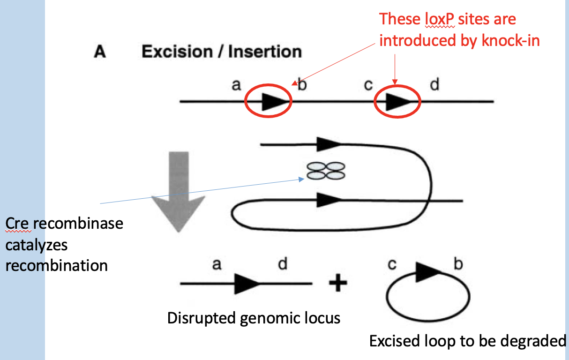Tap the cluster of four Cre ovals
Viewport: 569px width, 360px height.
[x=325, y=170]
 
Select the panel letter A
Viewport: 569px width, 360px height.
[x=100, y=52]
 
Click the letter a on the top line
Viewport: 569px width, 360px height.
[x=236, y=85]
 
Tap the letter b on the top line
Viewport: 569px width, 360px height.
[x=302, y=86]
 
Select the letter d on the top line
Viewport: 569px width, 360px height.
[x=434, y=86]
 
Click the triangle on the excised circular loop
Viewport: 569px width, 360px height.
[x=425, y=271]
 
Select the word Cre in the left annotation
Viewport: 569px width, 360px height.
[x=18, y=223]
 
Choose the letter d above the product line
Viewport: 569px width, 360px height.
[x=283, y=264]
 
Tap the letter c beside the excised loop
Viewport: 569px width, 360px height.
[x=392, y=264]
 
